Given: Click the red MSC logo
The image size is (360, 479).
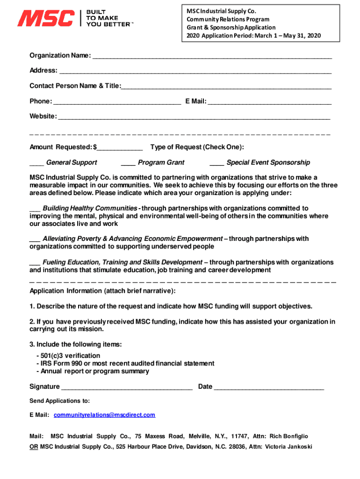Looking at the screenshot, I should pyautogui.click(x=46, y=18).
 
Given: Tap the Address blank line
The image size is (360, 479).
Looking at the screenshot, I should pyautogui.click(x=195, y=72).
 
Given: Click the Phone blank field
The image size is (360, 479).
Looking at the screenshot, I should pyautogui.click(x=117, y=102).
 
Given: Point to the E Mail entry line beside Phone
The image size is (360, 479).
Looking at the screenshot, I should pyautogui.click(x=270, y=102).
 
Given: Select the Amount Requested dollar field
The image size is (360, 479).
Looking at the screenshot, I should pyautogui.click(x=120, y=148).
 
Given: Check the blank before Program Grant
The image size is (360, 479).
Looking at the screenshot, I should pyautogui.click(x=128, y=164).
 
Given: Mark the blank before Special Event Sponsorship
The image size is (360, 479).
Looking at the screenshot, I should pyautogui.click(x=216, y=164).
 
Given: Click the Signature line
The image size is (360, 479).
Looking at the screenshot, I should pyautogui.click(x=127, y=388).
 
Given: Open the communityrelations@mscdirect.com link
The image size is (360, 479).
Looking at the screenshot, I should pyautogui.click(x=105, y=415).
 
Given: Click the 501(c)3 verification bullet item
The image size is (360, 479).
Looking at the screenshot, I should pyautogui.click(x=68, y=356).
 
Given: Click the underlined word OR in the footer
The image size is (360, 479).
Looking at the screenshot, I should pyautogui.click(x=34, y=446).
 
